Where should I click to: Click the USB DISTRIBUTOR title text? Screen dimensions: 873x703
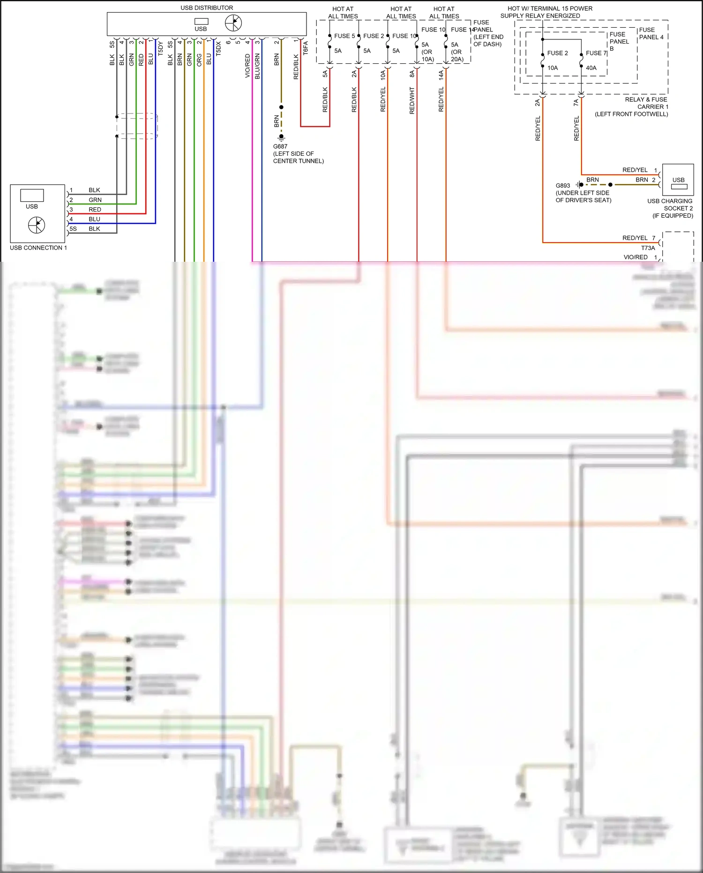click(x=207, y=8)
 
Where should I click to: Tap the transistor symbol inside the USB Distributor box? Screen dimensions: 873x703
click(x=233, y=23)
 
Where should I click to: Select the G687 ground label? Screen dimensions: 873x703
click(x=280, y=146)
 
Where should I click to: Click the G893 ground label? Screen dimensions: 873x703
click(x=562, y=185)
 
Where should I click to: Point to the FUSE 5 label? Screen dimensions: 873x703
click(x=344, y=36)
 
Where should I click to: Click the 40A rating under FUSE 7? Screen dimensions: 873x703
click(x=591, y=68)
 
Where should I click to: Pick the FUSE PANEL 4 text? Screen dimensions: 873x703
click(x=651, y=33)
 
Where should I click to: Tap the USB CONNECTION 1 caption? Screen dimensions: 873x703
click(x=38, y=248)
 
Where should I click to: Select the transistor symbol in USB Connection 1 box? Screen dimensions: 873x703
click(x=37, y=225)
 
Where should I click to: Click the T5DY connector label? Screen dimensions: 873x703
click(x=160, y=48)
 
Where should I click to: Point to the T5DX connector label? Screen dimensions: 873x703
click(x=218, y=48)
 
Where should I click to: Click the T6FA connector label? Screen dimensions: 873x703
click(x=306, y=48)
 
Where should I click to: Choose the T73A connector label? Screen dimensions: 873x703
click(x=648, y=248)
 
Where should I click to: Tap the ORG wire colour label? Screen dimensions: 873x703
click(x=199, y=59)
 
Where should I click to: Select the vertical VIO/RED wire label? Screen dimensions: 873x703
click(x=247, y=66)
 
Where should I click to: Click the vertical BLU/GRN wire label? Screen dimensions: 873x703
click(x=257, y=66)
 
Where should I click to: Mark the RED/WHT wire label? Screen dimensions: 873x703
click(x=412, y=100)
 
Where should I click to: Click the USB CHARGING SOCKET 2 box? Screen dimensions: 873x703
click(x=678, y=180)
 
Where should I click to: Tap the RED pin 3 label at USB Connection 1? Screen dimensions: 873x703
click(x=95, y=210)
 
